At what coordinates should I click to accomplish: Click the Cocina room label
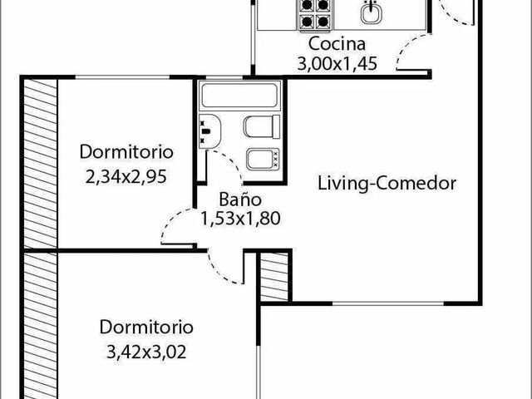(337, 44)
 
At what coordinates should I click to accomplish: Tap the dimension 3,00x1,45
(337, 63)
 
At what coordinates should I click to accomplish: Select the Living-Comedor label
(387, 183)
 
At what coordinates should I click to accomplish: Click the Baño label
(240, 199)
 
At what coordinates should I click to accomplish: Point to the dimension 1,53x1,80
(240, 218)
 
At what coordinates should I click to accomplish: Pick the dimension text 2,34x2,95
(126, 177)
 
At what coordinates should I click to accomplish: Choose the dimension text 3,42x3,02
(146, 352)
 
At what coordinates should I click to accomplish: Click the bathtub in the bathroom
(239, 95)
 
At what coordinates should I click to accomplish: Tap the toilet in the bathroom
(262, 126)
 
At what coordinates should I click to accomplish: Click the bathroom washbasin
(209, 131)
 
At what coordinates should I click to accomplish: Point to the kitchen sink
(372, 12)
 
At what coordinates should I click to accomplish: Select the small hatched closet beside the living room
(274, 276)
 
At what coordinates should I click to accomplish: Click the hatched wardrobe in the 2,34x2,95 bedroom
(41, 163)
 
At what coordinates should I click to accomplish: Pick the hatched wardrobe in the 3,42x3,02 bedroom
(41, 326)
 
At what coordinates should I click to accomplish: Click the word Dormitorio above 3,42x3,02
(146, 327)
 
